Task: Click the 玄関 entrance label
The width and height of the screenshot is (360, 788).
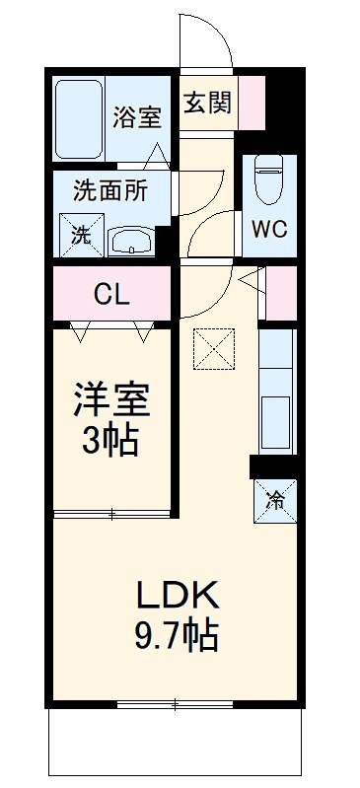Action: (207, 102)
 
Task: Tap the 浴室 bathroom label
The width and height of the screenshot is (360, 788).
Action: (136, 116)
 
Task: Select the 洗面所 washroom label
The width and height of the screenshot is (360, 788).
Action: (111, 189)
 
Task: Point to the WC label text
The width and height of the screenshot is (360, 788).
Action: (268, 229)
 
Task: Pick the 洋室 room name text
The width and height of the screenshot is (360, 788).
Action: (110, 403)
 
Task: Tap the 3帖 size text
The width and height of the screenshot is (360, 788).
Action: (110, 441)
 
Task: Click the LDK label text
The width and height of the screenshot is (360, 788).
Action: (178, 595)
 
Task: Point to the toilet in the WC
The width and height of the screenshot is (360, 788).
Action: (268, 179)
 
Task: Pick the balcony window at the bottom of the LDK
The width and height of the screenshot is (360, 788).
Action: (177, 703)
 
